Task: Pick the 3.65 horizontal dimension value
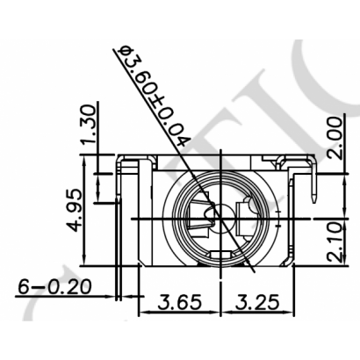[x=178, y=303]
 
